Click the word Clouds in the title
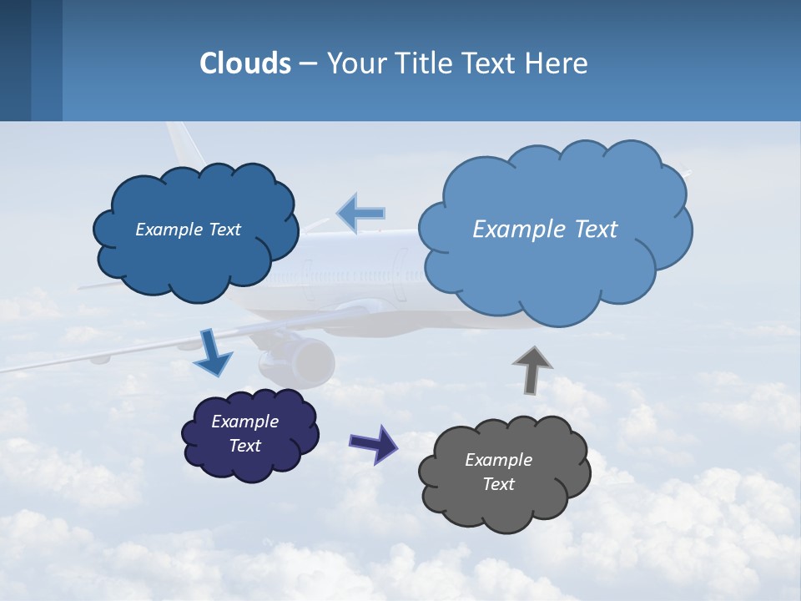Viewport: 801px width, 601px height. [245, 63]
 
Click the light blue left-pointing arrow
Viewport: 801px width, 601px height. [360, 213]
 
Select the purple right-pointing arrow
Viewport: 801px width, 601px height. [374, 443]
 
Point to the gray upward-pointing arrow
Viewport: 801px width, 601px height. [531, 369]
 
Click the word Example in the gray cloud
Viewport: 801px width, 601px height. [498, 460]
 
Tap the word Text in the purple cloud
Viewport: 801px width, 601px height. [245, 446]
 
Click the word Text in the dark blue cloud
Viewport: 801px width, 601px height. [224, 230]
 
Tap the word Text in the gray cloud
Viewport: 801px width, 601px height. [498, 484]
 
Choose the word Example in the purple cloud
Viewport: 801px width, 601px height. [244, 422]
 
